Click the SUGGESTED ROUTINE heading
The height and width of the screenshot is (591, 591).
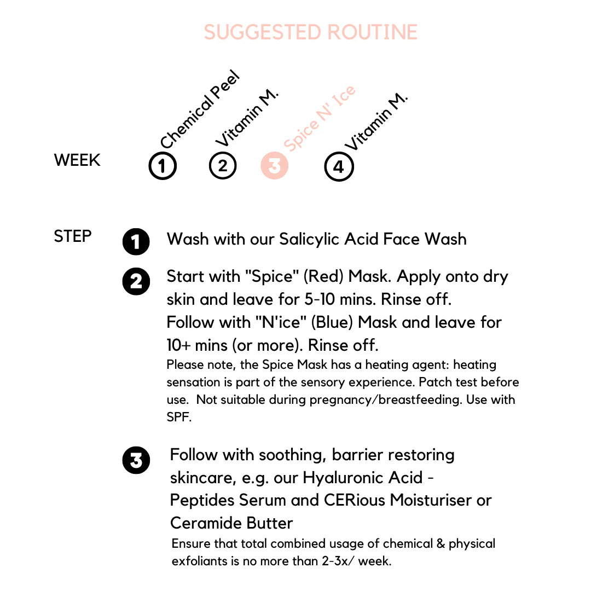(x=310, y=32)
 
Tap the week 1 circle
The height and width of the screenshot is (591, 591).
(x=163, y=166)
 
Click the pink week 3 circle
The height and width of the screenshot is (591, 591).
(x=275, y=165)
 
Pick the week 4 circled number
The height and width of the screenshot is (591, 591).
(x=339, y=166)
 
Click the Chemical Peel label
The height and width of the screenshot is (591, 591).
(x=200, y=109)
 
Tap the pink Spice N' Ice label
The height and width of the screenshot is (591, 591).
(x=320, y=119)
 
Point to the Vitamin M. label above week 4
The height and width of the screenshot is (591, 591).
(x=376, y=121)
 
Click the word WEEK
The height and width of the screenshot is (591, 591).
(x=77, y=160)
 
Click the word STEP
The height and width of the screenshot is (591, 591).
(x=73, y=236)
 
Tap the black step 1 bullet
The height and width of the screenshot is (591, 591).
(x=136, y=241)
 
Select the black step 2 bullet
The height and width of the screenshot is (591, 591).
(x=136, y=282)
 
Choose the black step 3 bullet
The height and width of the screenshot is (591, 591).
(x=136, y=460)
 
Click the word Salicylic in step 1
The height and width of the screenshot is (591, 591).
(x=309, y=240)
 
